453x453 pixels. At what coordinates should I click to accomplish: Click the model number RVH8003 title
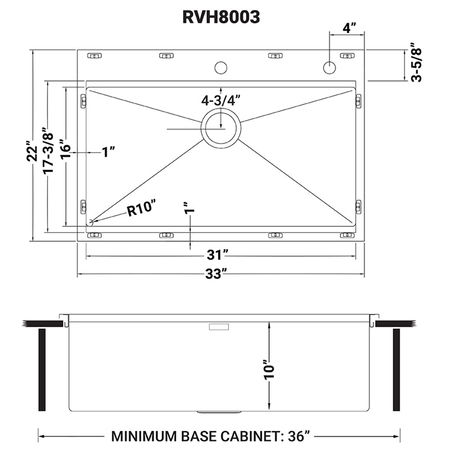pos(221,17)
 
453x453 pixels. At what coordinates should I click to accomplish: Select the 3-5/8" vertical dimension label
pos(415,63)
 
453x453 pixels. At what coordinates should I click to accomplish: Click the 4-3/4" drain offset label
pos(221,100)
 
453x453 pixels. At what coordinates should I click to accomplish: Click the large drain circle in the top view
pos(221,128)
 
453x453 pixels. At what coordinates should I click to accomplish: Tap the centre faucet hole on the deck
pos(221,68)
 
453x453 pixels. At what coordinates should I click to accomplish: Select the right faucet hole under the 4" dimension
pos(329,67)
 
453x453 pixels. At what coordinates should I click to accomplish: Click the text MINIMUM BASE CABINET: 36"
pos(211,436)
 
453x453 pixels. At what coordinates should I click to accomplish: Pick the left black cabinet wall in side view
pos(42,370)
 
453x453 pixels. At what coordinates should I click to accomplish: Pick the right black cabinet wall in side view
pos(396,370)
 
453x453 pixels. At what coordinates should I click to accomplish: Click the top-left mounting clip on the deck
pos(94,56)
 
